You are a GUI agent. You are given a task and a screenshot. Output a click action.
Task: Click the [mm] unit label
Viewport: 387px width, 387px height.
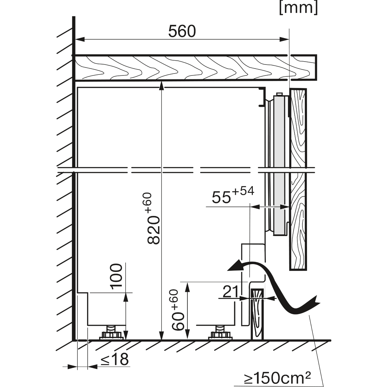[x=298, y=8]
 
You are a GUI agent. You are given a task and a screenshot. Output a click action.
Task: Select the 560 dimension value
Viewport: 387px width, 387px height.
[x=182, y=32]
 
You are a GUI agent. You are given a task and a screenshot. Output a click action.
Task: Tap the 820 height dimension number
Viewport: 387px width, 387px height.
[x=154, y=230]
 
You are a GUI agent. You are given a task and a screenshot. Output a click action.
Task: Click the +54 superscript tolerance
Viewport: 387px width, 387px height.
[x=243, y=191]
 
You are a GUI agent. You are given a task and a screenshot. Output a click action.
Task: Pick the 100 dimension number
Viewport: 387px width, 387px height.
[x=116, y=277]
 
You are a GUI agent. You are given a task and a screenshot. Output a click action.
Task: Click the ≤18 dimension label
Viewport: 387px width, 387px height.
[x=114, y=359]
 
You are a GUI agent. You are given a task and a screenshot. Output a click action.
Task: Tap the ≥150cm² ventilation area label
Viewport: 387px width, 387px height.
[x=278, y=378]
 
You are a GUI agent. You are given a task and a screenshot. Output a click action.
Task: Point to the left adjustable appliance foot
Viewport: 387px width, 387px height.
[x=111, y=333]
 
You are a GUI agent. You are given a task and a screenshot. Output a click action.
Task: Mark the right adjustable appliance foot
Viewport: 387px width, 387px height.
[x=220, y=333]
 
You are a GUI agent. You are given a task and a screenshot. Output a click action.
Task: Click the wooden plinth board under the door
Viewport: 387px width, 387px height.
[x=257, y=314]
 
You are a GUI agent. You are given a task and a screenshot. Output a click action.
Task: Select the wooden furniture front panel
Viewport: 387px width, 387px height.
[x=298, y=179]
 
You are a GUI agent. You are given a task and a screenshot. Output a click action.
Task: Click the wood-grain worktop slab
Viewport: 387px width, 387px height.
[x=195, y=67]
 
